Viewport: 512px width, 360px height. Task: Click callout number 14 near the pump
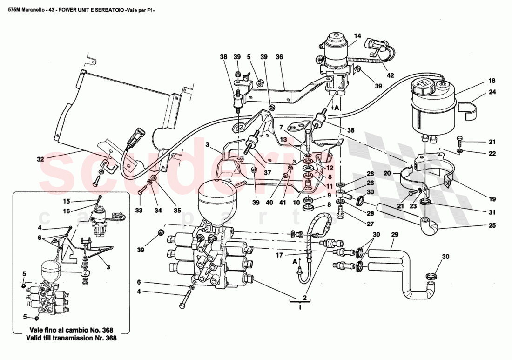(357, 36)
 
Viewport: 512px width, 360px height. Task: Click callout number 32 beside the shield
(41, 159)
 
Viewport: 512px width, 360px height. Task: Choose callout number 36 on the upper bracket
(279, 57)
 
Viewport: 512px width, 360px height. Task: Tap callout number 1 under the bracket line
(300, 307)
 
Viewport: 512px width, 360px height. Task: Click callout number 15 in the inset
(67, 201)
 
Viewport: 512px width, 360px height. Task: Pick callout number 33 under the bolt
(138, 211)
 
